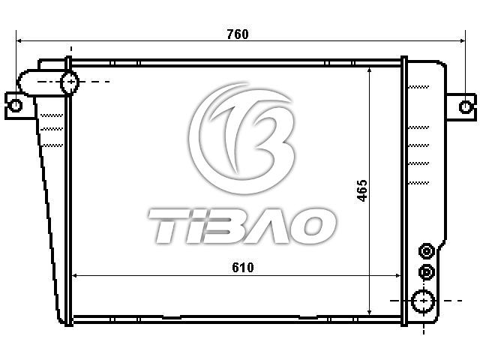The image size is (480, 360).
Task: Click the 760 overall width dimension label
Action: click(238, 34)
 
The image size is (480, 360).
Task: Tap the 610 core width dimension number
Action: click(243, 268)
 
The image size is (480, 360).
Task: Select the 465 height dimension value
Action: click(362, 190)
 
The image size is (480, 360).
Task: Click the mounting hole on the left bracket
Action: click(15, 106)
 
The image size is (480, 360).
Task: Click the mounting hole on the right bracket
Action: click(465, 106)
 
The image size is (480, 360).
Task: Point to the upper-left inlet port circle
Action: click(70, 82)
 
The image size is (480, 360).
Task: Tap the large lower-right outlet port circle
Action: click(423, 301)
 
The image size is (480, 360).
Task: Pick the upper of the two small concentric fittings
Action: click(427, 252)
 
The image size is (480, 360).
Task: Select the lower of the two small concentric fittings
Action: click(427, 272)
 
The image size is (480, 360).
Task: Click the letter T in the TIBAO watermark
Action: click(166, 226)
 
